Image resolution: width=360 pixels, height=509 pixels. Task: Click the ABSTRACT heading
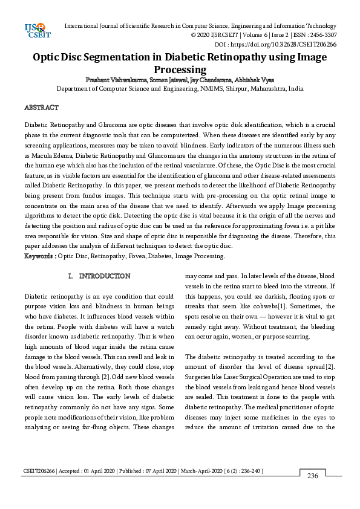(41, 108)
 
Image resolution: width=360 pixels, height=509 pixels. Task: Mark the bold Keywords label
(39, 256)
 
